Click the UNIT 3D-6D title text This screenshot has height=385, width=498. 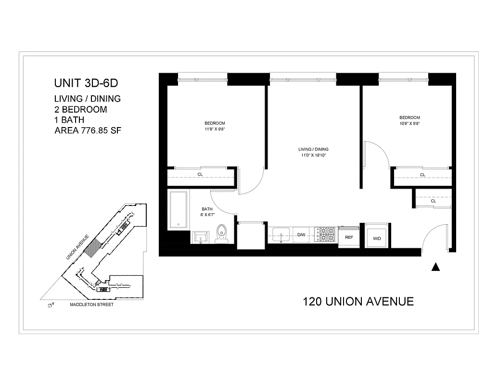click(86, 83)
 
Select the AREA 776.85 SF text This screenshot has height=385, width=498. click(87, 130)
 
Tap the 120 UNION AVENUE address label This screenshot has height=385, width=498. click(358, 302)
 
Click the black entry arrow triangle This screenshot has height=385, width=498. click(436, 268)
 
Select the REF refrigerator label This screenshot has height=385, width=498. click(349, 237)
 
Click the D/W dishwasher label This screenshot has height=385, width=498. click(301, 235)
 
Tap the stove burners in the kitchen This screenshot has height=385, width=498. click(326, 234)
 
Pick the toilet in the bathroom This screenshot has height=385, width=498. click(222, 232)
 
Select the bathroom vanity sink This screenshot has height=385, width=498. click(201, 236)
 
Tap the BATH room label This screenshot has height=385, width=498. click(207, 209)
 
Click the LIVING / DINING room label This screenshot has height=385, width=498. click(313, 149)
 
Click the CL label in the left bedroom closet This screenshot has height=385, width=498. click(200, 175)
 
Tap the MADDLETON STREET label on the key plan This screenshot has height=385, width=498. click(92, 305)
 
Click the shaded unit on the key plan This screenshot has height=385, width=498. click(97, 245)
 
